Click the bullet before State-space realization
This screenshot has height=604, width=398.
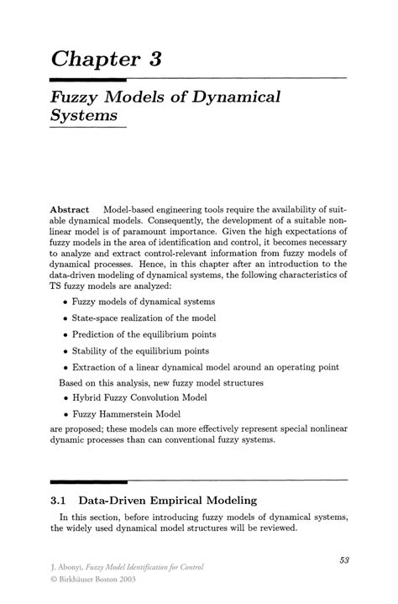click(x=65, y=318)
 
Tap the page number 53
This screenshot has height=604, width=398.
click(x=344, y=559)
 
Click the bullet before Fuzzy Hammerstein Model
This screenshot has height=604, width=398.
click(x=65, y=415)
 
